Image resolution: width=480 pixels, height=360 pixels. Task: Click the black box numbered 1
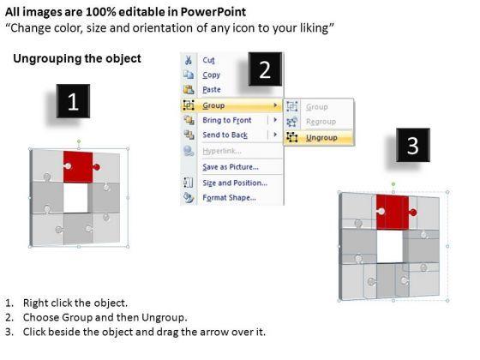(x=73, y=101)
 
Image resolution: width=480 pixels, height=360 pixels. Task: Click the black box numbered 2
(x=265, y=69)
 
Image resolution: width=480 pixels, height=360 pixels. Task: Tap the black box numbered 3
(x=413, y=145)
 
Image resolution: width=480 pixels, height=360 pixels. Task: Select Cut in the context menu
(x=208, y=60)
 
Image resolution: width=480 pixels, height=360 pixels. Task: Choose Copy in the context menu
(x=211, y=75)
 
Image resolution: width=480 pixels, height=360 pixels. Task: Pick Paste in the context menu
(x=212, y=89)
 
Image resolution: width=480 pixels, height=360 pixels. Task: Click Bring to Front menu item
(x=227, y=120)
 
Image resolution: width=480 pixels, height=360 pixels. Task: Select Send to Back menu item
(x=225, y=135)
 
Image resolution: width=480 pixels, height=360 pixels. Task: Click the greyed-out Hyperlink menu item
(x=222, y=151)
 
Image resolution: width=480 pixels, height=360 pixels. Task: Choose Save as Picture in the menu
(x=231, y=167)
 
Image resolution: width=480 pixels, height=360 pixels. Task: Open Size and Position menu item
(x=235, y=183)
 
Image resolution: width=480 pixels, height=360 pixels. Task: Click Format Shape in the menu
(x=230, y=197)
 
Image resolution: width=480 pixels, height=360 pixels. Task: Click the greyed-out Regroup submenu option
(x=321, y=122)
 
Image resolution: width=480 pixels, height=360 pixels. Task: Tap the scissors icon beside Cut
(x=189, y=60)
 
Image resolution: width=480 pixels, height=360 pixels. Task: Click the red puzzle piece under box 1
(x=79, y=167)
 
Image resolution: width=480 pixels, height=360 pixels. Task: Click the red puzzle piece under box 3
(x=393, y=212)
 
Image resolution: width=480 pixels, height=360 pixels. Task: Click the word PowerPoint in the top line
(x=213, y=12)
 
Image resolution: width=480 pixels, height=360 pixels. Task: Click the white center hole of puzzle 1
(x=75, y=198)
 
